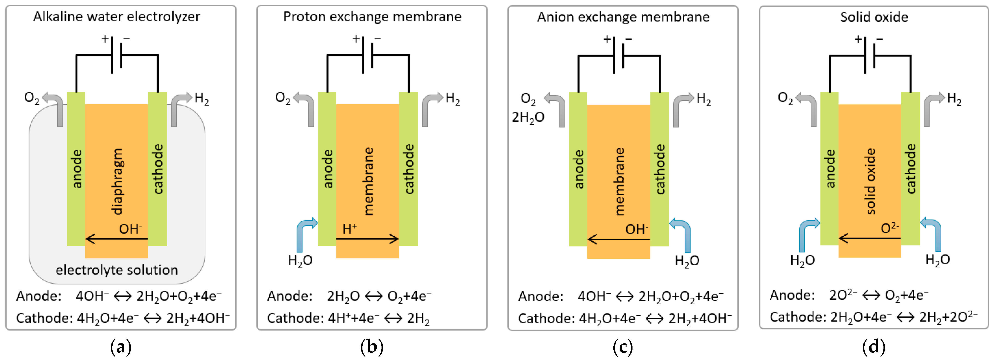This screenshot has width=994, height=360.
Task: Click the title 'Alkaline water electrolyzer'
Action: click(x=117, y=17)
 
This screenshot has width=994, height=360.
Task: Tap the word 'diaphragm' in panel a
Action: click(x=117, y=181)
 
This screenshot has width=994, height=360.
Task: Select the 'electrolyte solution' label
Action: click(x=117, y=270)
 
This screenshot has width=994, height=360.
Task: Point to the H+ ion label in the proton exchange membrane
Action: click(x=350, y=229)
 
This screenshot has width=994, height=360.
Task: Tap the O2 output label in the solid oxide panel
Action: click(x=785, y=98)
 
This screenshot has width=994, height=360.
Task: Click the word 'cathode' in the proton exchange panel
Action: click(x=409, y=169)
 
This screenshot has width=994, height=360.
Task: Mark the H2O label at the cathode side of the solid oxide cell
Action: click(x=937, y=260)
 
